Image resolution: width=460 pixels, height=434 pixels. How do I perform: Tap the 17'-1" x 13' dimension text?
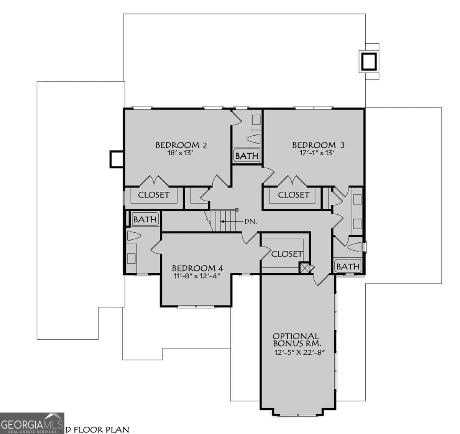pos(318,153)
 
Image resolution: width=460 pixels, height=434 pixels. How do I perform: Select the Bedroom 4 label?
pos(197,268)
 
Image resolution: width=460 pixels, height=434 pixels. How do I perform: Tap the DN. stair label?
pos(250,222)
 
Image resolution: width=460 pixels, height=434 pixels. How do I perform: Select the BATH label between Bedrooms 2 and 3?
pos(247,156)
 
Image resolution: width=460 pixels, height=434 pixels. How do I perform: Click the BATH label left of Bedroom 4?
pos(145,219)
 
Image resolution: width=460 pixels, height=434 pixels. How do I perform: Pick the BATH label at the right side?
pos(348,266)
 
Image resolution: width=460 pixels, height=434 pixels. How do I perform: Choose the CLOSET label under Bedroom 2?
pos(153,195)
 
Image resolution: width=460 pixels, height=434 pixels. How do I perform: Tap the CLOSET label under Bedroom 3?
pos(293,195)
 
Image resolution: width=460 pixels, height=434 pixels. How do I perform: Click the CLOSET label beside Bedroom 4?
pos(286,254)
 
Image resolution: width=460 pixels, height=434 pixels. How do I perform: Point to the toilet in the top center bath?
pos(254,138)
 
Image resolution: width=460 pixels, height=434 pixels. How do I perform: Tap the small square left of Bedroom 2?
pos(116,159)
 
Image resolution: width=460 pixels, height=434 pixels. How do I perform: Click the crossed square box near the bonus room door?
pos(305,268)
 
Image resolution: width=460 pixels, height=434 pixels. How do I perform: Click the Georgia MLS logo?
pos(32,423)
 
